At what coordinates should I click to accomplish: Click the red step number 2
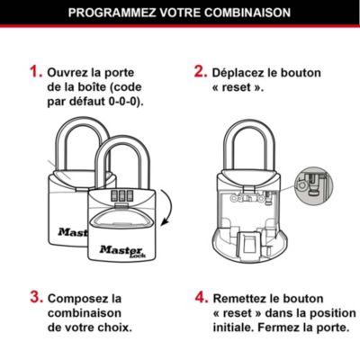[201, 71]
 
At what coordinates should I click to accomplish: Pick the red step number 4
[201, 297]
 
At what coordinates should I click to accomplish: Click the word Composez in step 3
[80, 298]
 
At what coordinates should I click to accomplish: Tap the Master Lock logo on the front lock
[120, 244]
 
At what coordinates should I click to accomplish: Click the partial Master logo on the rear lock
[72, 232]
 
